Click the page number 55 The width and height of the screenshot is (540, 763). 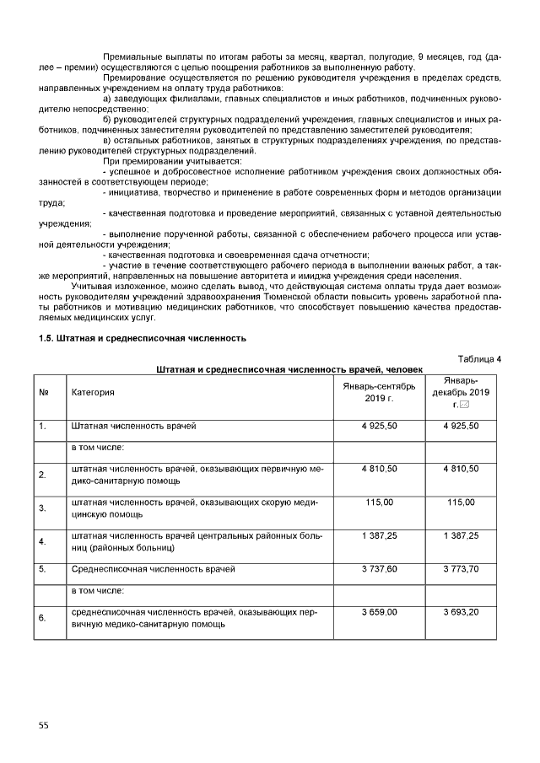coord(43,724)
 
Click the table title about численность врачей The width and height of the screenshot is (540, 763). coord(289,369)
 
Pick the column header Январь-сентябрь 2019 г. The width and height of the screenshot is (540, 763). coord(379,392)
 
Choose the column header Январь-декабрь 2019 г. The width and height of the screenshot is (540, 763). coord(460,393)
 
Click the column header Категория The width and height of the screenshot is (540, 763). coord(93,392)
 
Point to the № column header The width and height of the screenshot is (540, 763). coord(43,392)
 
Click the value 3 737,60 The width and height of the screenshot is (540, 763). coord(379,569)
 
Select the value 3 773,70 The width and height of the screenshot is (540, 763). coord(461,569)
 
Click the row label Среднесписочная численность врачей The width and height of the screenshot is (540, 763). coord(153,570)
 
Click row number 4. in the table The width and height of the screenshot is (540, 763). coord(42,541)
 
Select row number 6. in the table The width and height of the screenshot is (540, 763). coord(42,618)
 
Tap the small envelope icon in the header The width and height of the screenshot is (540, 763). coord(464,406)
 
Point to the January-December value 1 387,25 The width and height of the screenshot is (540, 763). coord(461,535)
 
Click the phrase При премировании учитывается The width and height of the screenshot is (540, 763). coord(172,160)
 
